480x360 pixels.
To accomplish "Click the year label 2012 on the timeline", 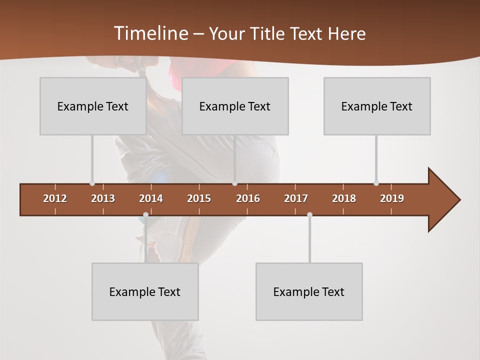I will pos(55,198).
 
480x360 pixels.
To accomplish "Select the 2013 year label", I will pos(103,198).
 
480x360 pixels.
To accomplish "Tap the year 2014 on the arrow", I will pos(151,198).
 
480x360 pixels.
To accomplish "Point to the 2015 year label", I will pos(199,198).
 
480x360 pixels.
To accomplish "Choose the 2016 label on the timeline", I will pos(248,198).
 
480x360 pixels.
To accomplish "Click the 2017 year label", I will pos(296,198).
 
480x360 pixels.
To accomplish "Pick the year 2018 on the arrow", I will pos(344,198).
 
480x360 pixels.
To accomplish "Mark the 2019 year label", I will pos(392,198).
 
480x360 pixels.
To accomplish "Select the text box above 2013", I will pos(93,106).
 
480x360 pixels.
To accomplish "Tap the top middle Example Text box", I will pos(235,106).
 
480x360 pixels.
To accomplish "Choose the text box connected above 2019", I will pos(377,106).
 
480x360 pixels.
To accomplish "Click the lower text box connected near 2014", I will pos(145,291).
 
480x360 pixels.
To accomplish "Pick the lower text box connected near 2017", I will pos(309,291).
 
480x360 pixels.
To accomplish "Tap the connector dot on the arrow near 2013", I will pos(92,183).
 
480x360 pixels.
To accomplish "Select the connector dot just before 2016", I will pos(234,183).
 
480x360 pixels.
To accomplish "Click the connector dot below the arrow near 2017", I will pos(309,215).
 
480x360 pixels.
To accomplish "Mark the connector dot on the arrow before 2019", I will pos(376,183).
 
